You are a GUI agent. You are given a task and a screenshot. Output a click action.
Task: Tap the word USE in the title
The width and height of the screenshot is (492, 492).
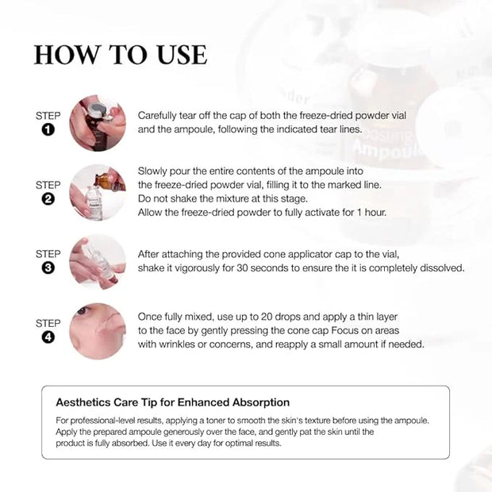point(182,55)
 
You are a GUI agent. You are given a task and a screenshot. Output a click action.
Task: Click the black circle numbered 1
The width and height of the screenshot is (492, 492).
point(48,129)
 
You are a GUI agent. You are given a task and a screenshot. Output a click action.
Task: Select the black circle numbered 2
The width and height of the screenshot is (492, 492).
point(48,199)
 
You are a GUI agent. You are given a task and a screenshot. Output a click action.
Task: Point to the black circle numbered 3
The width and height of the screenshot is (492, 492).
point(48,267)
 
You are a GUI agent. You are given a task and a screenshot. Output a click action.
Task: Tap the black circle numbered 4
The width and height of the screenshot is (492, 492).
point(48,337)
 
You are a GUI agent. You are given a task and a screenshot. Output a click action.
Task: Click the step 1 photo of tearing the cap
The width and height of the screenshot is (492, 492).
point(98,123)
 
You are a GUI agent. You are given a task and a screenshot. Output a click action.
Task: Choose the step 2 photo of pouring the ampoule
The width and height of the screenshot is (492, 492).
point(98,192)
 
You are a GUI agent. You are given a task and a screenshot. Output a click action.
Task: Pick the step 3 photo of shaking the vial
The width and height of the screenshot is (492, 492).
point(98,262)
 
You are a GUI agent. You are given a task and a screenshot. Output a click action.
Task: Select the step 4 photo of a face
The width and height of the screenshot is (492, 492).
point(98,331)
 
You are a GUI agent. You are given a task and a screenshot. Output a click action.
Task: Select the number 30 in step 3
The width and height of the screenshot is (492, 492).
point(242,268)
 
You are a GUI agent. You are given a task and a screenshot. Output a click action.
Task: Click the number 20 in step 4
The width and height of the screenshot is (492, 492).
point(267,317)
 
